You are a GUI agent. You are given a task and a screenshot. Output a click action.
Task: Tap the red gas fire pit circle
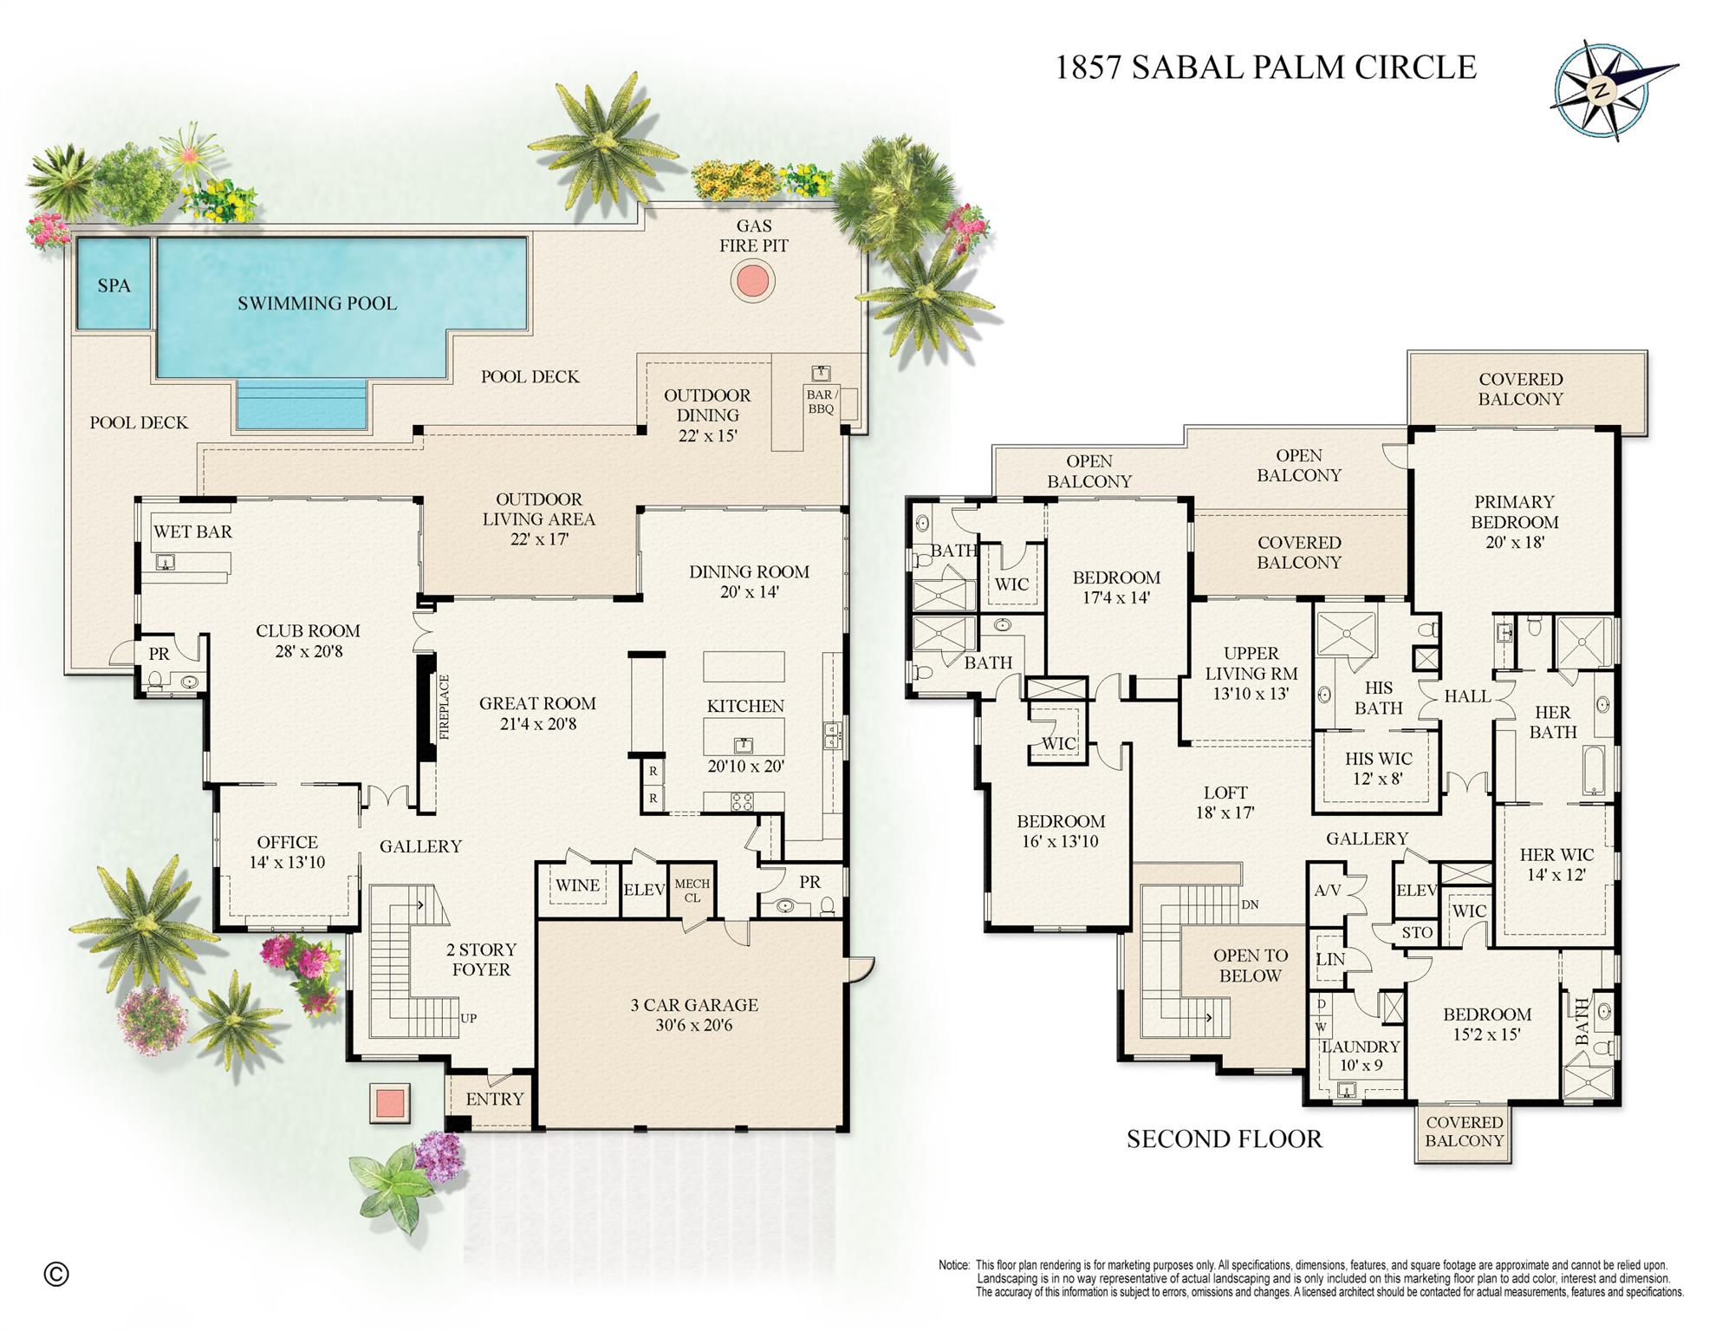751,281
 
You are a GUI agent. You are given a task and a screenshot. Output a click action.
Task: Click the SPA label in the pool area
114,285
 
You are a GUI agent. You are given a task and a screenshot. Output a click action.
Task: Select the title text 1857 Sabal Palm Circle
1264,68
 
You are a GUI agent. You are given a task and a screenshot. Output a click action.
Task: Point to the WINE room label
577,885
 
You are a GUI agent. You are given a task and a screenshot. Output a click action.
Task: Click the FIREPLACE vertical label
445,707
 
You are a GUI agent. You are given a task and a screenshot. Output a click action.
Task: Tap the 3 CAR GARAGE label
693,1015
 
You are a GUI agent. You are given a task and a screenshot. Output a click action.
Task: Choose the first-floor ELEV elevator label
644,890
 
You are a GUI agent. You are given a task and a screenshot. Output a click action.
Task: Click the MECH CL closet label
692,891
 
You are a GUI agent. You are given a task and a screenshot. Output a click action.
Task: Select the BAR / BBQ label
821,401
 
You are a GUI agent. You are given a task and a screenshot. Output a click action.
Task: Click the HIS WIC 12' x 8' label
1378,768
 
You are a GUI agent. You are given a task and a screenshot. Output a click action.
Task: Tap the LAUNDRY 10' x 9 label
1361,1055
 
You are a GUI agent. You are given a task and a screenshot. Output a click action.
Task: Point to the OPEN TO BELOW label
1250,965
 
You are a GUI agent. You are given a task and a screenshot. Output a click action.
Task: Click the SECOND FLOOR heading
1224,1139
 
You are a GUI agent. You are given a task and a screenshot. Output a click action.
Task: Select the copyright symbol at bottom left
56,1274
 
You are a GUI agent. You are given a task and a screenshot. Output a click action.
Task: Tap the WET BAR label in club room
192,532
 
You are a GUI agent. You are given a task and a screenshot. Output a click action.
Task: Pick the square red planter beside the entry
389,1102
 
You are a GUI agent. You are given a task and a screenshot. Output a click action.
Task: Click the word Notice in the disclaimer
953,1265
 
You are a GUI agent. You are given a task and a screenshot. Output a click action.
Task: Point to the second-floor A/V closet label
1327,891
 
